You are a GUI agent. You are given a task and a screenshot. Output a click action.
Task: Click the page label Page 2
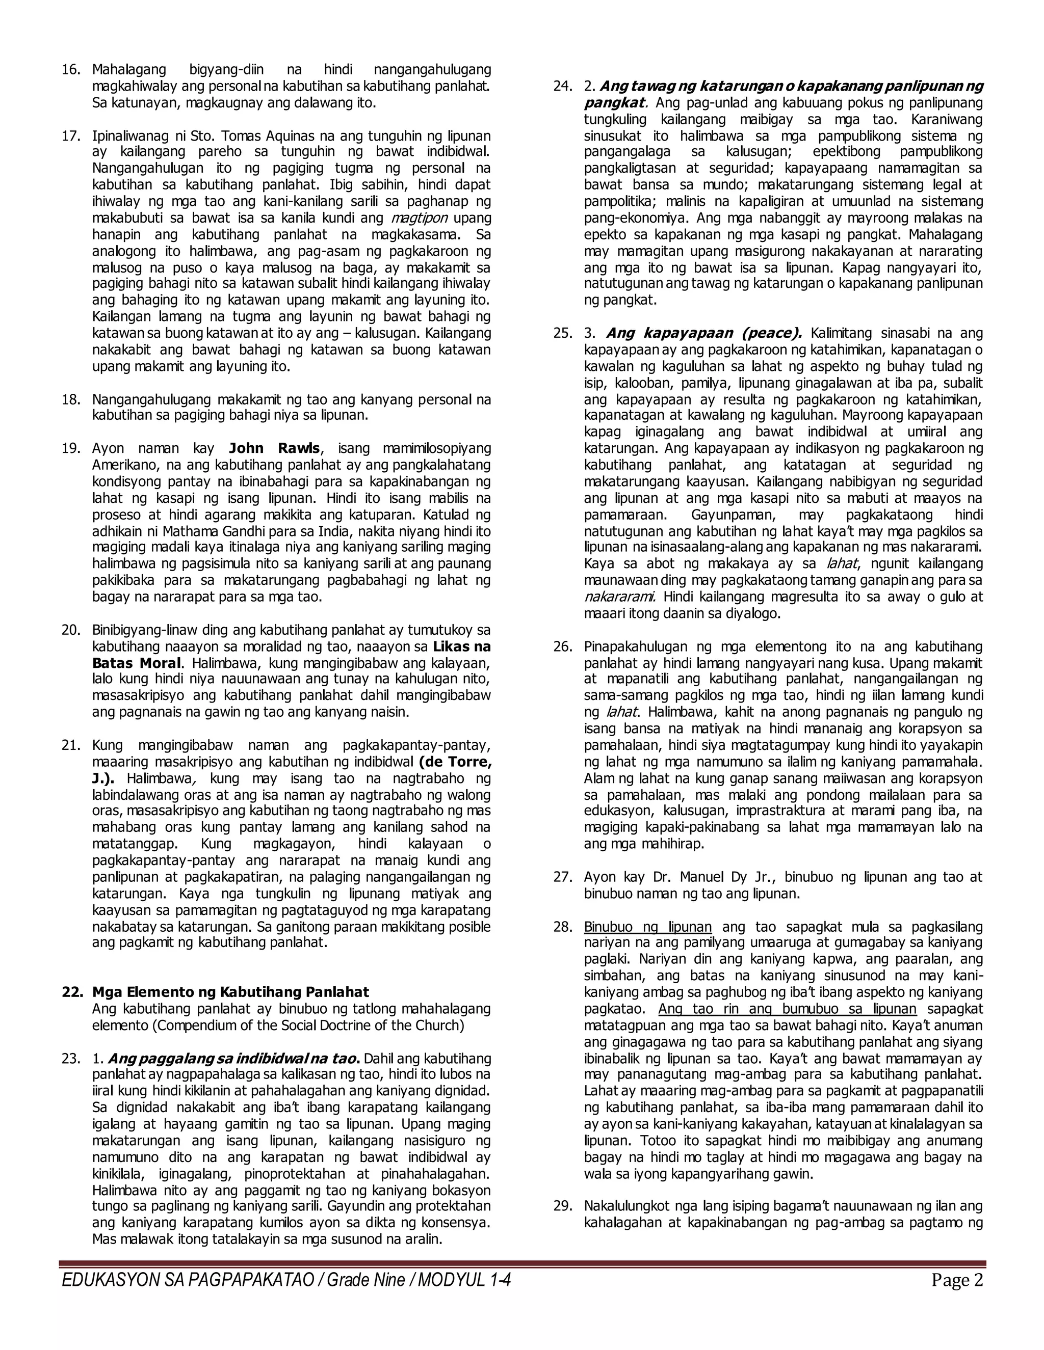click(957, 1280)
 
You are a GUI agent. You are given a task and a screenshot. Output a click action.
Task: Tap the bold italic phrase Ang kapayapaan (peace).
click(703, 333)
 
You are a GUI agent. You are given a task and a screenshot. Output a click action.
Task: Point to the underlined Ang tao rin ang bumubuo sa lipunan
click(787, 1009)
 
